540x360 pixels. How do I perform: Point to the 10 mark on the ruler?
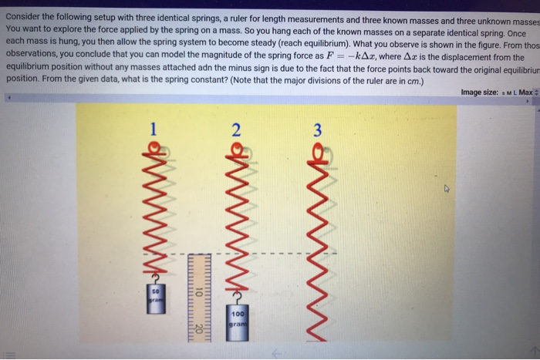point(198,293)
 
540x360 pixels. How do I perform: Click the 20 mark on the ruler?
point(198,328)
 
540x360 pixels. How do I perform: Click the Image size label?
point(482,93)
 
